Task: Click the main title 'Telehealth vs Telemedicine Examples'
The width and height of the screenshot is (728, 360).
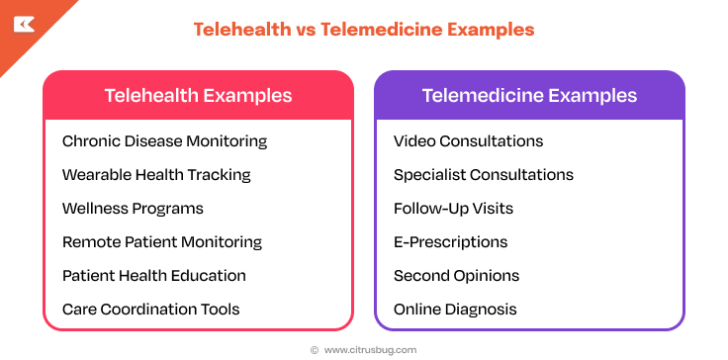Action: [x=363, y=30]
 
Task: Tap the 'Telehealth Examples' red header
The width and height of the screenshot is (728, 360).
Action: [x=198, y=96]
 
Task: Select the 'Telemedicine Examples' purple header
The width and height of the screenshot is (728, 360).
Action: [x=529, y=96]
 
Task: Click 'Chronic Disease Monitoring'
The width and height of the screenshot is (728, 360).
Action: [x=164, y=141]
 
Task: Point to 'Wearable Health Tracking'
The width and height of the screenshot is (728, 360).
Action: [x=156, y=175]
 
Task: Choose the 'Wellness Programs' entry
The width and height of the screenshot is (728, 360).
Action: [x=133, y=209]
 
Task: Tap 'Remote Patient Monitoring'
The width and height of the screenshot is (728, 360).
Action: [x=162, y=242]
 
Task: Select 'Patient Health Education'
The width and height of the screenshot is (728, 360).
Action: [x=154, y=276]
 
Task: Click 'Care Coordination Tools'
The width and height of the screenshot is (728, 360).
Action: [x=150, y=310]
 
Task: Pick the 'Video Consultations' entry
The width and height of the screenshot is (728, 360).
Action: [x=468, y=141]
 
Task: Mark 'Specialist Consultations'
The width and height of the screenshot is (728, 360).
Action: [x=483, y=175]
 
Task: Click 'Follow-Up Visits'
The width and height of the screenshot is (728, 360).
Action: [x=453, y=209]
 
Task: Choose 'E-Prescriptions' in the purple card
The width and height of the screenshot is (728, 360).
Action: [x=450, y=242]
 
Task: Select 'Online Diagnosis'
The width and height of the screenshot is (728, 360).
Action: [x=455, y=310]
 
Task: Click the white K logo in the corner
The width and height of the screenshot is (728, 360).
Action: [x=25, y=24]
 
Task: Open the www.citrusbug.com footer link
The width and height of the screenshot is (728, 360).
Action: [x=370, y=349]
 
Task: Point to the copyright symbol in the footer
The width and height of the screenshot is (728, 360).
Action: [x=315, y=349]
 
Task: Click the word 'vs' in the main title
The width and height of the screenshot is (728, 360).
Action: [x=307, y=30]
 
